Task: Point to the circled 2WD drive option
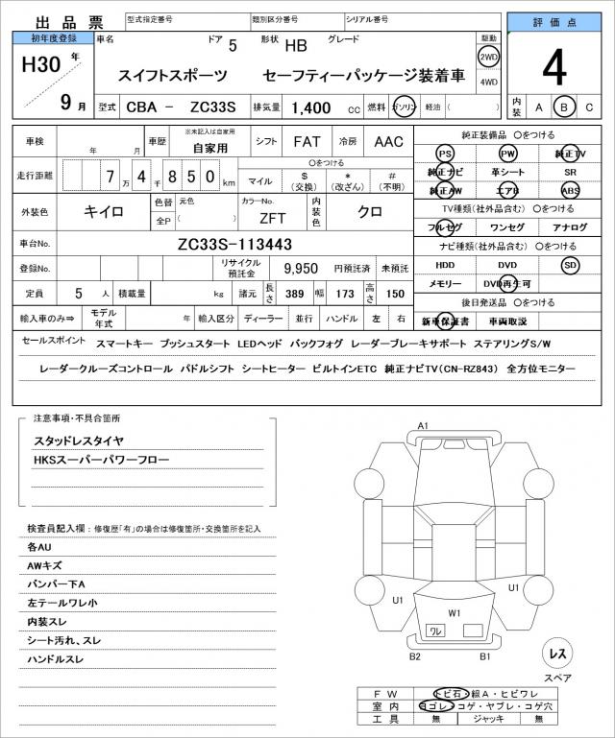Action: pos(488,57)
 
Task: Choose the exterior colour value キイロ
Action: pos(103,209)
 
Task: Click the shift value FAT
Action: pos(307,141)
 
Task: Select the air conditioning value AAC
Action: pos(388,141)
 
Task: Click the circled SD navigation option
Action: pos(571,264)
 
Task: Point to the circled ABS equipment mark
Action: pos(571,190)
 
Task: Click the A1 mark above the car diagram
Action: pos(424,425)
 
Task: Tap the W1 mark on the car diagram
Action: pos(454,612)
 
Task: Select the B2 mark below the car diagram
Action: pos(415,656)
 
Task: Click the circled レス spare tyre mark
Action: pos(556,654)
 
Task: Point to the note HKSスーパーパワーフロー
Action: pos(101,460)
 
